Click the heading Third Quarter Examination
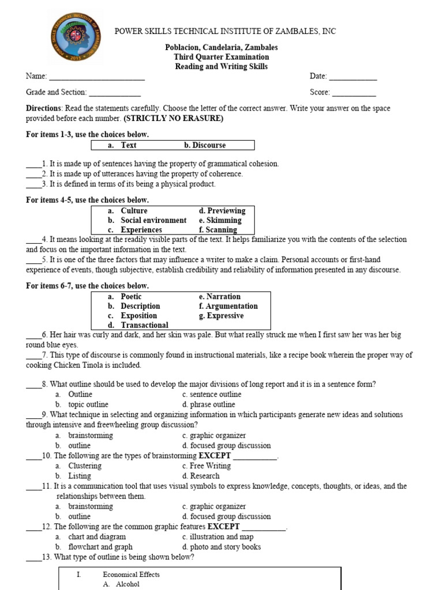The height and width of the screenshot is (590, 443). click(221, 57)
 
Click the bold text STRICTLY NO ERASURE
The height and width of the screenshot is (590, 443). click(173, 119)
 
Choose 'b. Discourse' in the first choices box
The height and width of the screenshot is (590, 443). click(205, 145)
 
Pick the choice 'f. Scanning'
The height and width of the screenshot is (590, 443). click(218, 230)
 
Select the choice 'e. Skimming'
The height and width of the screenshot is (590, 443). click(220, 220)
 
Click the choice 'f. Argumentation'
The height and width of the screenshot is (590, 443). click(228, 306)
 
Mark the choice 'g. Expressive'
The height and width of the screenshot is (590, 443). click(221, 316)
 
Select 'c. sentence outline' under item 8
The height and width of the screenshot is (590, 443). click(212, 395)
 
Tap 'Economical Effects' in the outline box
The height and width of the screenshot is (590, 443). click(131, 574)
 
